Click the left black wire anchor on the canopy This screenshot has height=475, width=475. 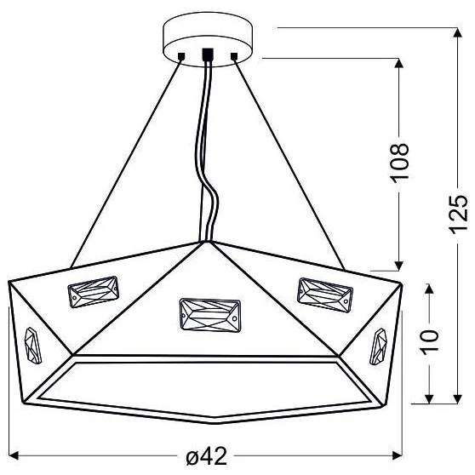coord(181,56)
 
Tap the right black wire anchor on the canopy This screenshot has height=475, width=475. coord(235,56)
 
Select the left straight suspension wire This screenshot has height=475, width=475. coord(128,162)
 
